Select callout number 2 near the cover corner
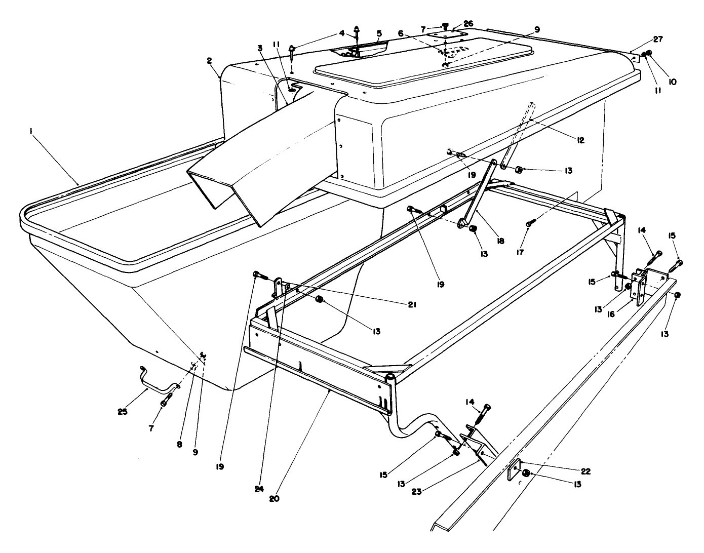[x=209, y=61]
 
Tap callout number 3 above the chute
[x=260, y=48]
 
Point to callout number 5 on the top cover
[x=379, y=33]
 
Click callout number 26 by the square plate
[x=468, y=23]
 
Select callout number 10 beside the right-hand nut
[x=673, y=81]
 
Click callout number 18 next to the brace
[x=500, y=242]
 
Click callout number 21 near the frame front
[x=411, y=304]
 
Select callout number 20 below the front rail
[x=274, y=498]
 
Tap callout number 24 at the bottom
[x=259, y=489]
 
